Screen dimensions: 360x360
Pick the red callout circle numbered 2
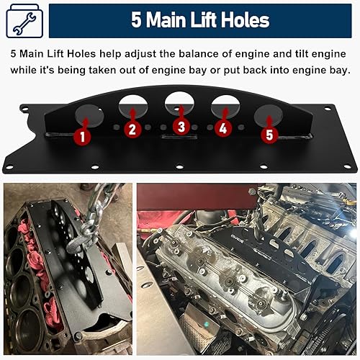pyautogui.click(x=131, y=130)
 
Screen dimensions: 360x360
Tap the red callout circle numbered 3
pyautogui.click(x=181, y=127)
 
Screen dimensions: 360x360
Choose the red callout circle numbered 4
pyautogui.click(x=223, y=130)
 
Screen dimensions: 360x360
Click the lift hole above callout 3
pyautogui.click(x=180, y=103)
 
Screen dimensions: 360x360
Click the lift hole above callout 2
pyautogui.click(x=133, y=107)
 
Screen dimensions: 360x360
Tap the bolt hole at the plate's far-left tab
pyautogui.click(x=25, y=109)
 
